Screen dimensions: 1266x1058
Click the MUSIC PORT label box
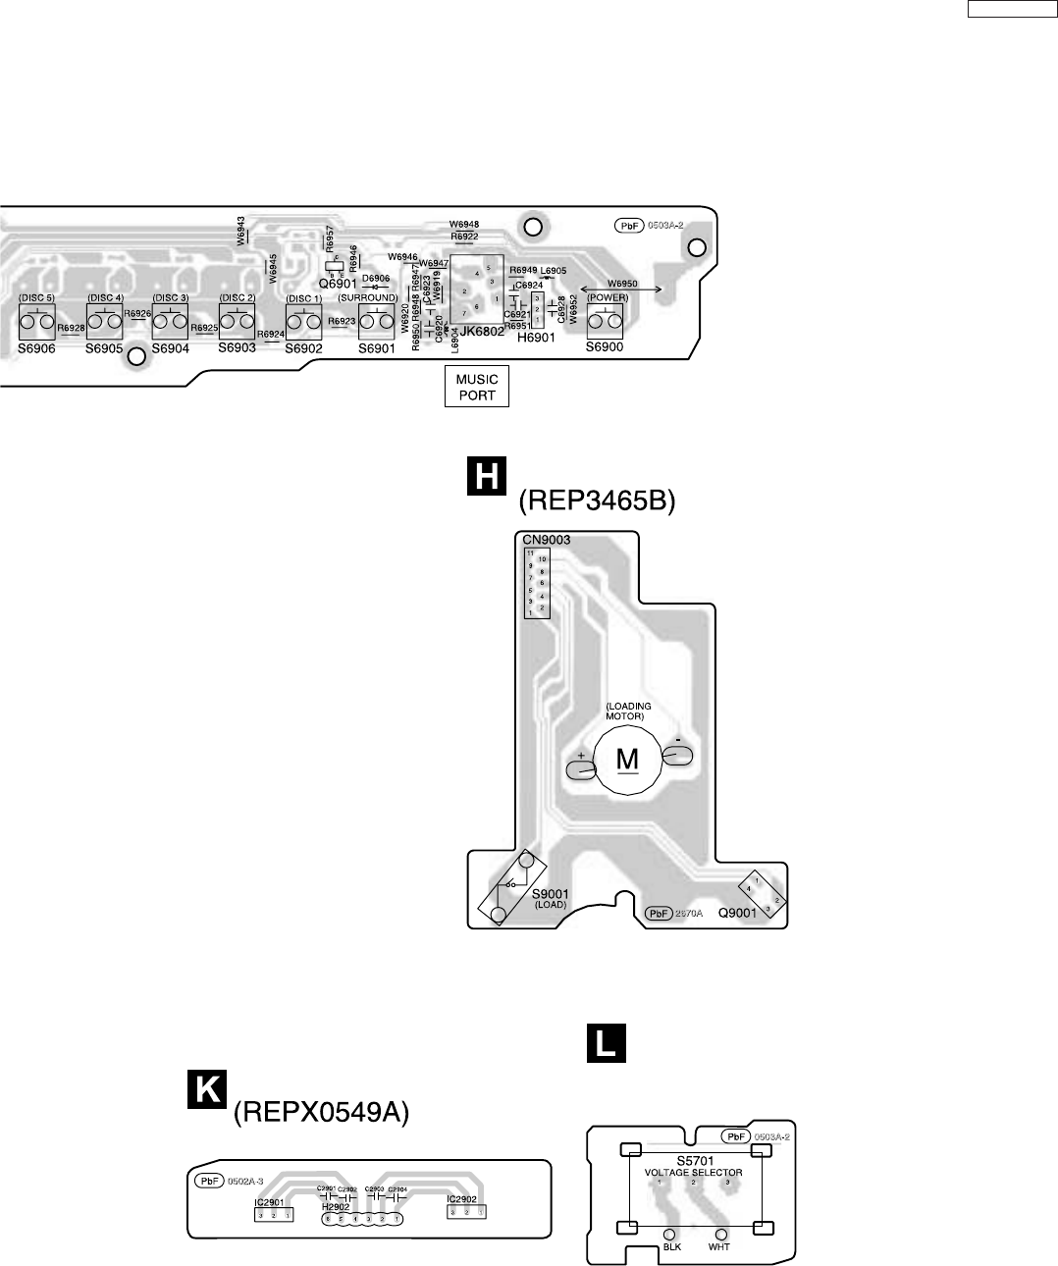click(477, 388)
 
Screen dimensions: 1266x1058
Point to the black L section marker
click(606, 1043)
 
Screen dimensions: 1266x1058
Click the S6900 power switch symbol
click(605, 321)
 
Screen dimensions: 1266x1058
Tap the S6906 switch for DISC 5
click(37, 321)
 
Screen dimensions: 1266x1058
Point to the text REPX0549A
click(320, 1113)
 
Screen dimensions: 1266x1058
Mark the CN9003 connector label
click(546, 540)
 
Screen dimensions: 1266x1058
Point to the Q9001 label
click(737, 913)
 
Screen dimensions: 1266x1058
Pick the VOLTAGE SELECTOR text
click(693, 1173)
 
